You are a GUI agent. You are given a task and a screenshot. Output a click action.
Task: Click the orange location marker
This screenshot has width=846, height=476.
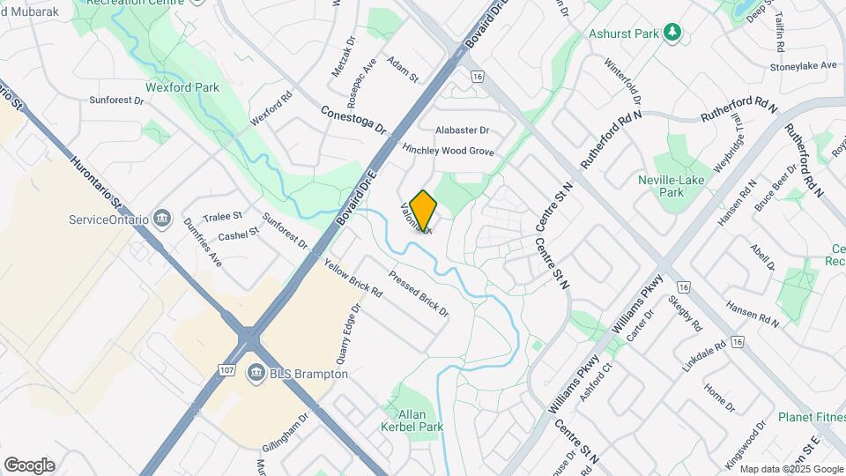click(423, 211)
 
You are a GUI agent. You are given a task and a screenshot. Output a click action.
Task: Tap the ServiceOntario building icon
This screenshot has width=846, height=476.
click(161, 218)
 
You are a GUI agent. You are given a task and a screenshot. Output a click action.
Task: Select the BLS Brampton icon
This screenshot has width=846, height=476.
click(256, 374)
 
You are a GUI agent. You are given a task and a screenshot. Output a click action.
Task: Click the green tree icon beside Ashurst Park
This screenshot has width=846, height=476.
click(672, 33)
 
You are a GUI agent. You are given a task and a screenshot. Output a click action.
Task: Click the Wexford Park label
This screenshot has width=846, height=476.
click(183, 87)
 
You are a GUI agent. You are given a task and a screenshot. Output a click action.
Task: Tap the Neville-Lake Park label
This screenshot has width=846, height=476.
click(672, 186)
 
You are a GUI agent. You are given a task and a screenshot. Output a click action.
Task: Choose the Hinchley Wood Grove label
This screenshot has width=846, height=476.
click(448, 151)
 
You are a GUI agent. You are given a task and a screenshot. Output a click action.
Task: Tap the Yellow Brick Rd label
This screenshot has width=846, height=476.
click(352, 278)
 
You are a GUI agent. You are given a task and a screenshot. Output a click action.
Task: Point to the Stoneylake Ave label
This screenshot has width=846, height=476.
click(803, 66)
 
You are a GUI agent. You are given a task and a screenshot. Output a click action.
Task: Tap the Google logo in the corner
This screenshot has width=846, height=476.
click(29, 465)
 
